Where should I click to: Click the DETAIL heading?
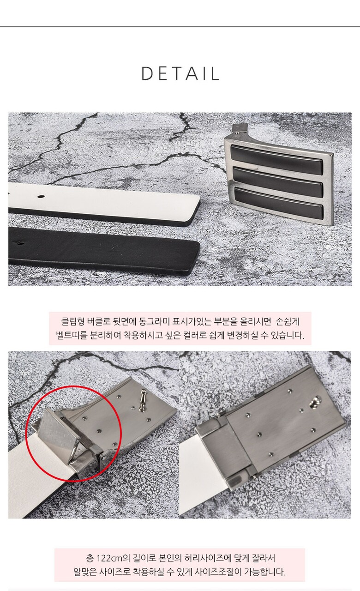coord(180,73)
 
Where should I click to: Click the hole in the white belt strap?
coord(42,196)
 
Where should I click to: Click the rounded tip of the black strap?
coord(197,256)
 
